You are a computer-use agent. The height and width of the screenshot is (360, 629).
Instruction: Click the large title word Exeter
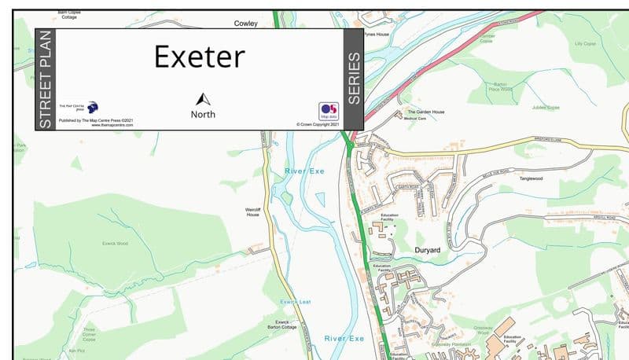click(199, 57)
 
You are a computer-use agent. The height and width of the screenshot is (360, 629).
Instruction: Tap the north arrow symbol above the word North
click(203, 99)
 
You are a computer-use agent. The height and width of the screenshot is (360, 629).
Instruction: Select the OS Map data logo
click(328, 111)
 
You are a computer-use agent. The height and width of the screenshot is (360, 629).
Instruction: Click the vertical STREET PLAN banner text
click(46, 79)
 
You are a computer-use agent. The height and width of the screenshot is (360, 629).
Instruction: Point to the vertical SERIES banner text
click(354, 79)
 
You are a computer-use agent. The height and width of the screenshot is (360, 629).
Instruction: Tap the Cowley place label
click(245, 24)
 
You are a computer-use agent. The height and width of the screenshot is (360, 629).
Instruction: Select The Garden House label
click(425, 112)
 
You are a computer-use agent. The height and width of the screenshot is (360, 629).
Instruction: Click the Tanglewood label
click(532, 178)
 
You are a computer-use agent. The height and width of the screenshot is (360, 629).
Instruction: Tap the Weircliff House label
click(252, 212)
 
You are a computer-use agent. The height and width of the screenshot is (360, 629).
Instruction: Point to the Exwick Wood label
click(115, 244)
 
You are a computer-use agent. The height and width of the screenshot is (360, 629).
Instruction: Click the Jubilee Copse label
click(545, 106)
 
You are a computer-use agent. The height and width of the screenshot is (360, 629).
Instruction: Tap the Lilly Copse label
click(586, 44)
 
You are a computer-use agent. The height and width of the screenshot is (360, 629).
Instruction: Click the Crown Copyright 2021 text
click(318, 124)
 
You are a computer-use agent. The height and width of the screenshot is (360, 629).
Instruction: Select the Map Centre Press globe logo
click(93, 107)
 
